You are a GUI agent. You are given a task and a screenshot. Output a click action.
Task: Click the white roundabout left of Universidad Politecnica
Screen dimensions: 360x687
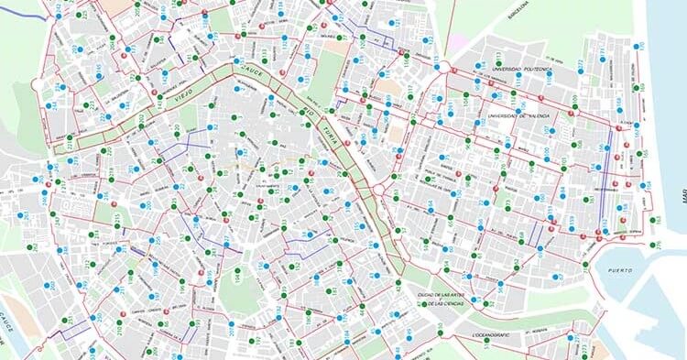(x=442, y=69)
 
